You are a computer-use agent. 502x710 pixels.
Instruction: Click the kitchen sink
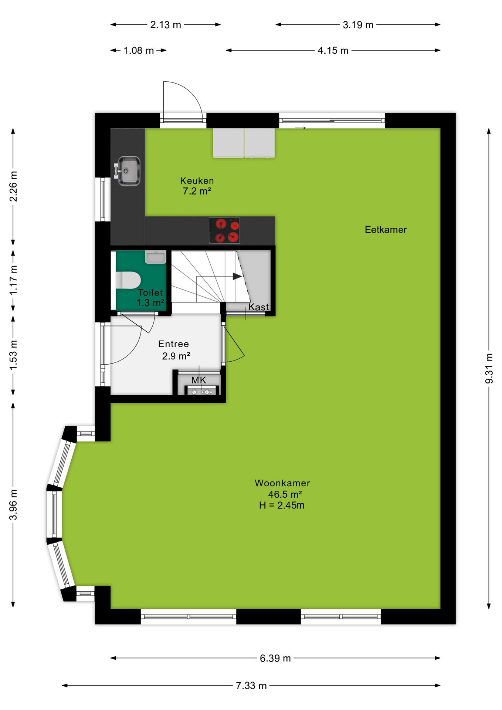click(128, 171)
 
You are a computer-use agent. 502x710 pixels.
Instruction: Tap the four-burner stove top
click(224, 230)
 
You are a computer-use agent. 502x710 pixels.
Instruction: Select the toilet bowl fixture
click(128, 280)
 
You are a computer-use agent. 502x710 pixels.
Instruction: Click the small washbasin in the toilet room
click(156, 257)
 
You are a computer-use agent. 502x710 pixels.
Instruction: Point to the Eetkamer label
click(386, 230)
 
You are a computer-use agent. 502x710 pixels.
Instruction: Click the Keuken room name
click(197, 181)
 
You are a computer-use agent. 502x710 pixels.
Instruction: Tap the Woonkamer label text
click(282, 483)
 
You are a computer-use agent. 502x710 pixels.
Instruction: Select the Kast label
click(258, 307)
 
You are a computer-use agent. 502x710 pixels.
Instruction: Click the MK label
click(199, 380)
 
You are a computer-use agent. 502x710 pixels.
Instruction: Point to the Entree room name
click(173, 344)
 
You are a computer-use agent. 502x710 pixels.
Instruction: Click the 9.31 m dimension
click(489, 368)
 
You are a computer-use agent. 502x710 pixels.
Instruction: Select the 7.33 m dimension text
click(251, 686)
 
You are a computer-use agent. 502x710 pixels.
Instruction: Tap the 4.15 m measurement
click(333, 50)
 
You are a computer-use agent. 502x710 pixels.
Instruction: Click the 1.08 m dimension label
click(139, 50)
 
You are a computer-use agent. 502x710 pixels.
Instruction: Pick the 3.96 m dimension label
click(13, 504)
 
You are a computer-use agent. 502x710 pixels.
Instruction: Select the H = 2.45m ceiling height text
click(282, 506)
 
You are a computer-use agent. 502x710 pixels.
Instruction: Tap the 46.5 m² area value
click(285, 494)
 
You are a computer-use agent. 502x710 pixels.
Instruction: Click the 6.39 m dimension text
click(275, 658)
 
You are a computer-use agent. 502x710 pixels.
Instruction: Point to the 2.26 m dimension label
click(13, 186)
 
